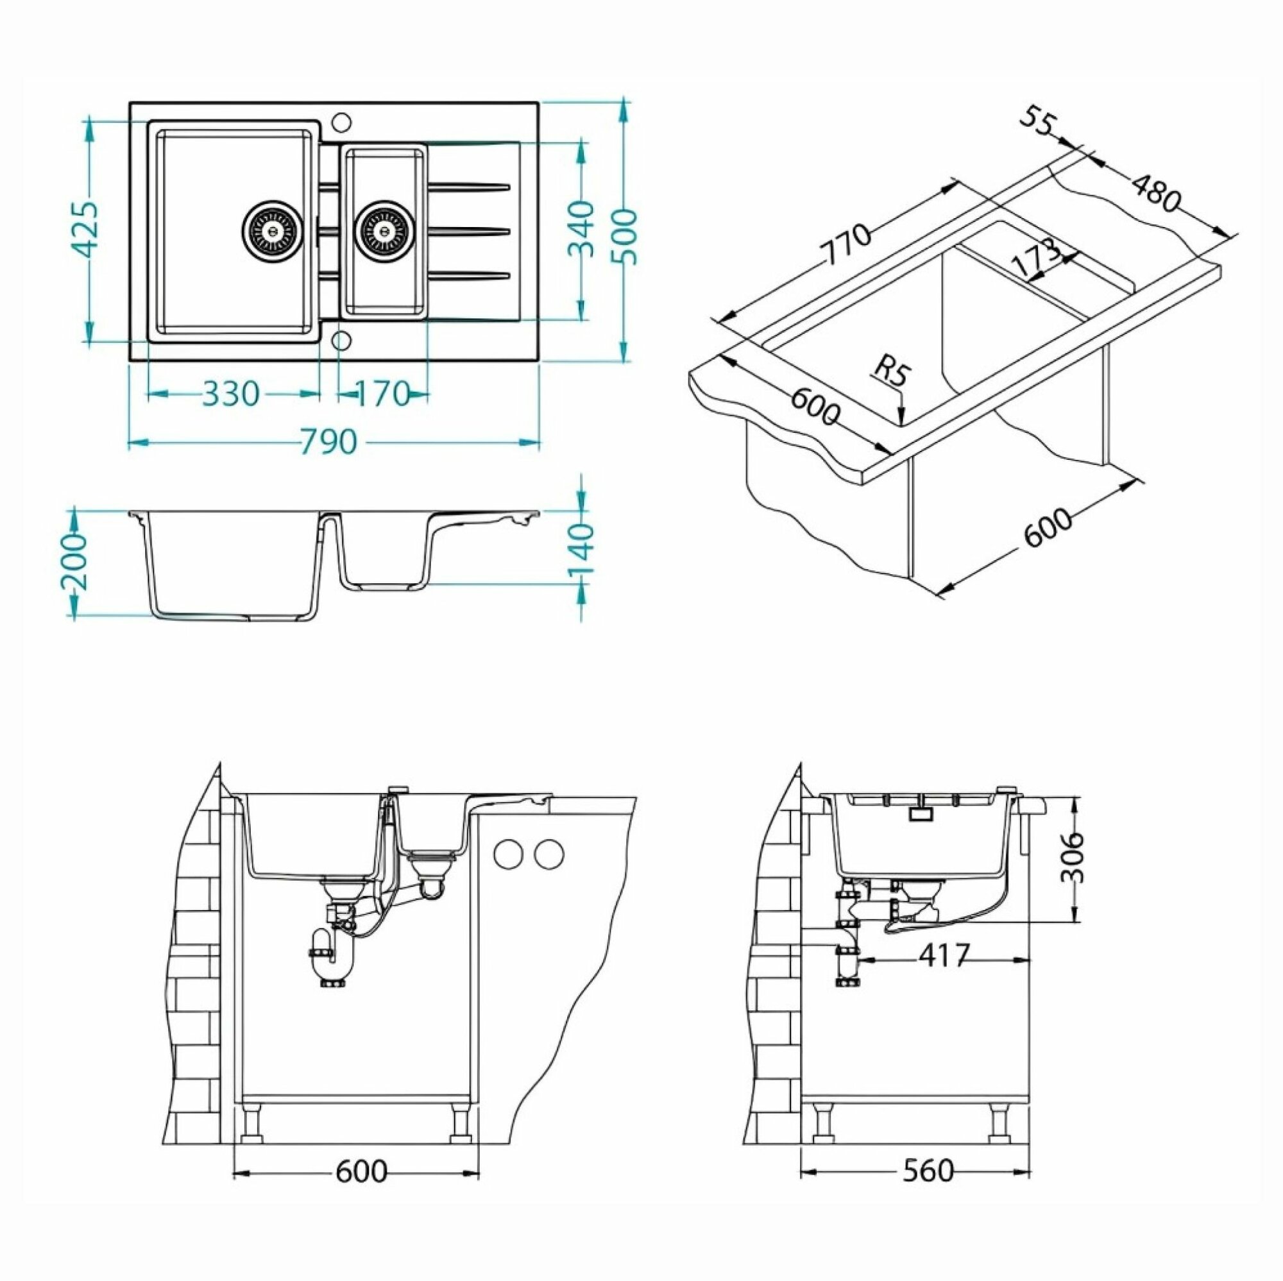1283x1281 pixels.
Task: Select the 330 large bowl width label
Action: point(230,394)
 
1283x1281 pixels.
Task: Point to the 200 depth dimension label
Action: point(76,561)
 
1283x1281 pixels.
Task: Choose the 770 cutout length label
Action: point(845,244)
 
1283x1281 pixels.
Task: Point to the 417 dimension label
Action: point(945,955)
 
